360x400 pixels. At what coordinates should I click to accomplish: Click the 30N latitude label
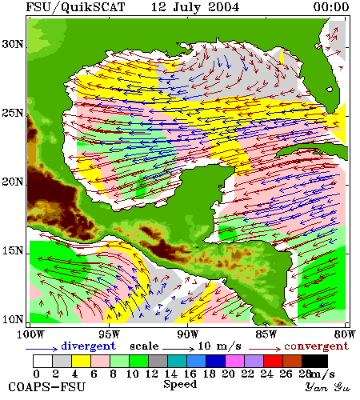pos(13,44)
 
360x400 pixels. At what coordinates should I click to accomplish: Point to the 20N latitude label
pos(13,182)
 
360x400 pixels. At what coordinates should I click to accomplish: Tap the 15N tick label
pos(13,250)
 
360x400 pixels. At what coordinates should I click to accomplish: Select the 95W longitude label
pos(109,334)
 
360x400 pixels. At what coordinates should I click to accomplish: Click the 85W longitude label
pos(266,334)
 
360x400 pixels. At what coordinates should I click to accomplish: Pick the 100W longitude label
pos(30,334)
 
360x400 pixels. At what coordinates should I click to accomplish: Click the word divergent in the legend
pos(88,346)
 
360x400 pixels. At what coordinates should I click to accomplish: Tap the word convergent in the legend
pos(316,346)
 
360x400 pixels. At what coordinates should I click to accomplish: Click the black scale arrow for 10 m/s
pos(178,349)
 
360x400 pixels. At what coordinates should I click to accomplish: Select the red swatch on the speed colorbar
pos(273,361)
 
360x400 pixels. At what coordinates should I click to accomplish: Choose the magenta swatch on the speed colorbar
pos(234,361)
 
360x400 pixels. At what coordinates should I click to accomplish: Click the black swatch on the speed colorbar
pos(314,361)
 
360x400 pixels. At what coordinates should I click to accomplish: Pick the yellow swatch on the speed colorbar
pos(81,361)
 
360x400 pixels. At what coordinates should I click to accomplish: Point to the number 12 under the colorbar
pos(151,374)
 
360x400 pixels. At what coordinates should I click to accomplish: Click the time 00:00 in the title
pos(331,7)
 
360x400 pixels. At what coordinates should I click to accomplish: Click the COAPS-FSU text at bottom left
pos(47,387)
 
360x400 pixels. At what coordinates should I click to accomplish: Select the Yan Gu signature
pos(328,387)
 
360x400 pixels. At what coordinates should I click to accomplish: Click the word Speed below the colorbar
pos(180,385)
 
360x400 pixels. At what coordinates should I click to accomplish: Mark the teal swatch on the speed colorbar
pos(177,361)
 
